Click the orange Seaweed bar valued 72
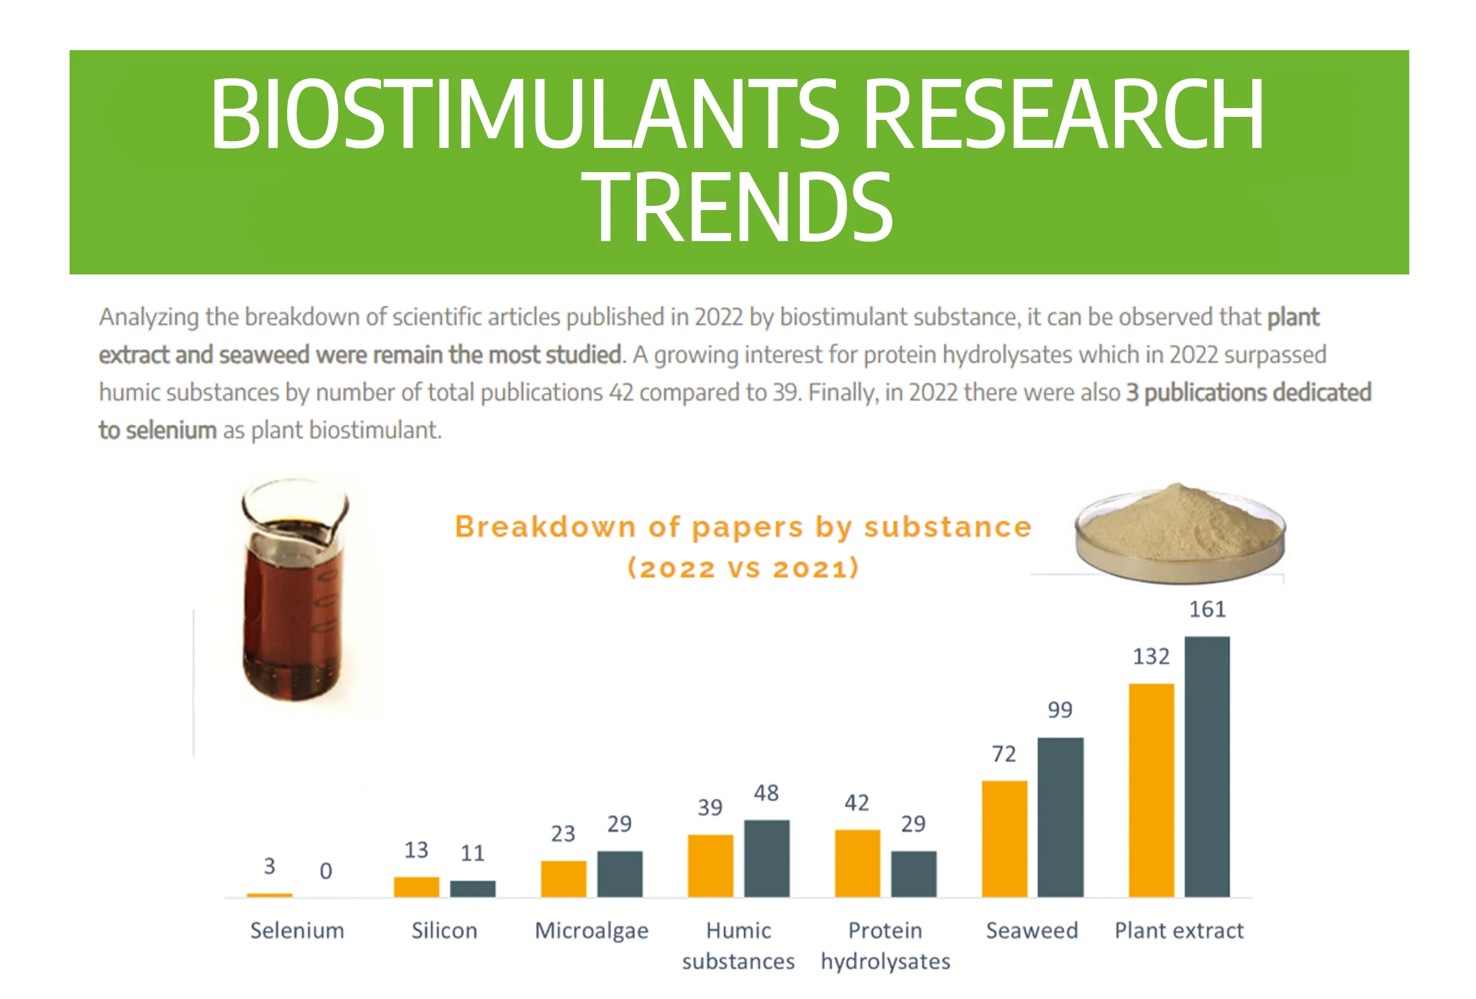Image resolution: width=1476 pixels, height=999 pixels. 1004,838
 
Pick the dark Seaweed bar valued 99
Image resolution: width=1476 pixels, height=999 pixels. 1060,817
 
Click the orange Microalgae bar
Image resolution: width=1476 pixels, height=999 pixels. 563,878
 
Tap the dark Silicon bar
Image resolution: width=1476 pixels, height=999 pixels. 472,888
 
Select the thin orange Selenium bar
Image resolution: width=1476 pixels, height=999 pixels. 269,895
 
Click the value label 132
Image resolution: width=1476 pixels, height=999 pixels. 1151,656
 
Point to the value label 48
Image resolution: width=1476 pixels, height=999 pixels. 766,793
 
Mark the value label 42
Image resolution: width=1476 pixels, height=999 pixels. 856,803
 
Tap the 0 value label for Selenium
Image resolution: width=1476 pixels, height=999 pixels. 326,871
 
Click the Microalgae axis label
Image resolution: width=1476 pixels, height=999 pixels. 591,931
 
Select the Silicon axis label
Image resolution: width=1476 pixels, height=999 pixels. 444,931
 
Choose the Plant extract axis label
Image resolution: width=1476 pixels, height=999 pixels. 1179,931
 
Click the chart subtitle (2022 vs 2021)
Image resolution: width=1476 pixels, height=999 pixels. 743,568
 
